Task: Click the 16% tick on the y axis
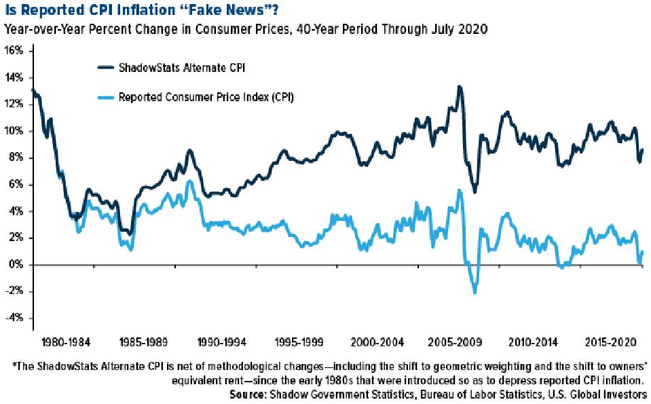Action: click(x=15, y=51)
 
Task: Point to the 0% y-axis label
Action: click(x=16, y=265)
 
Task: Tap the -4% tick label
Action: click(x=15, y=318)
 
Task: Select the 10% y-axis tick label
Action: click(x=15, y=131)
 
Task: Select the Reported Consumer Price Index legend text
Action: click(x=197, y=97)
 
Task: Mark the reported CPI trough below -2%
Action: click(x=474, y=292)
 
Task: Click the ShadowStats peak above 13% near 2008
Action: click(x=460, y=87)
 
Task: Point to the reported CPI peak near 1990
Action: click(x=191, y=181)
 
